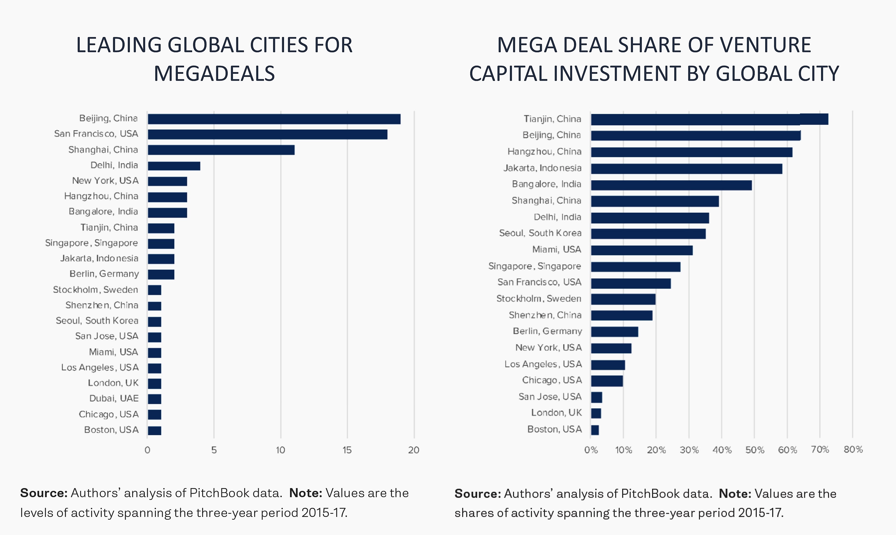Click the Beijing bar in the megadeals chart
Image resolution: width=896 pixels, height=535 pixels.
(x=274, y=119)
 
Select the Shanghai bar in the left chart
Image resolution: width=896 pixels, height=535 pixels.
(x=221, y=150)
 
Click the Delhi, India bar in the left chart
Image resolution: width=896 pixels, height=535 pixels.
(x=174, y=166)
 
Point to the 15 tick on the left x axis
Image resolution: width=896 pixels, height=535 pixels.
(x=347, y=450)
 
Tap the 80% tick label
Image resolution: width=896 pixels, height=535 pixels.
(x=853, y=450)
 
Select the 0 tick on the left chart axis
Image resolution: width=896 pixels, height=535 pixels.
(x=148, y=450)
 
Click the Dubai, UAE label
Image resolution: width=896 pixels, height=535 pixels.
(x=114, y=398)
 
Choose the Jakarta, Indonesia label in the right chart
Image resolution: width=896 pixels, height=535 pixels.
(x=543, y=168)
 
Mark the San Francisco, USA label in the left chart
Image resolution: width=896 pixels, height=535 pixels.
(x=96, y=134)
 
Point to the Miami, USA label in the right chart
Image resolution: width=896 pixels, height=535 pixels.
(x=557, y=249)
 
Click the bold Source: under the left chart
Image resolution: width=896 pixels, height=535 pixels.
(x=44, y=493)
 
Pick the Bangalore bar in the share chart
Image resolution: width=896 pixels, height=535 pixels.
(x=671, y=185)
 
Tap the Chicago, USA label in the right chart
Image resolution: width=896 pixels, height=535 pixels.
(x=552, y=380)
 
